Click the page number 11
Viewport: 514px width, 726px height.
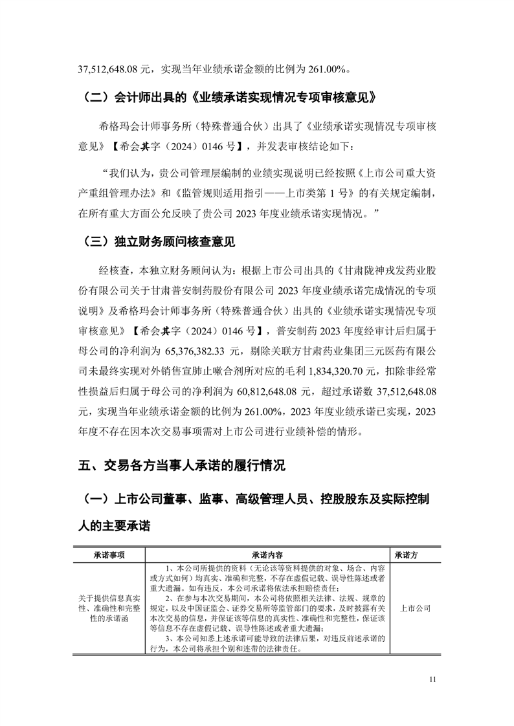[x=433, y=679]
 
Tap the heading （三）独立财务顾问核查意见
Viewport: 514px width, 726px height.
[x=159, y=243]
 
